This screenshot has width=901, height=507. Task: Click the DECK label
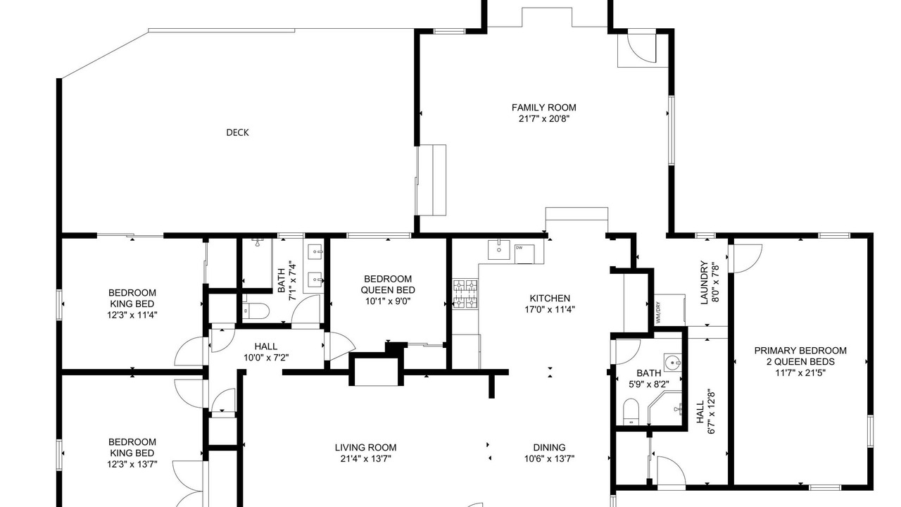point(237,132)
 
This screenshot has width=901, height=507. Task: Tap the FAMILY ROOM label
point(544,108)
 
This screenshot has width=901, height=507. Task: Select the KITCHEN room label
point(550,298)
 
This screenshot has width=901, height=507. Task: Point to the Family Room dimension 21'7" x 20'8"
point(544,119)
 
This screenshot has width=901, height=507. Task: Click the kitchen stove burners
point(466,294)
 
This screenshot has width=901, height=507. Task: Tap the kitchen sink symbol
point(499,250)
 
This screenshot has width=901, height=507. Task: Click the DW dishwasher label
point(519,248)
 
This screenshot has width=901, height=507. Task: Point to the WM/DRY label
point(658,313)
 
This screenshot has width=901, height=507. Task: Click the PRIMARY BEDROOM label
point(800,351)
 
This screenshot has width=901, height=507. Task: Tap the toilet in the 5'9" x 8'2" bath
point(631,411)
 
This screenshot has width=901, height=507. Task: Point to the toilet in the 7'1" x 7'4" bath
point(256,311)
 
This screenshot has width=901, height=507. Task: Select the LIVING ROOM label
point(365,447)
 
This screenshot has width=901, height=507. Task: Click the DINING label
point(550,447)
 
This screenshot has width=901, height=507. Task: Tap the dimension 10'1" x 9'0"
point(388,301)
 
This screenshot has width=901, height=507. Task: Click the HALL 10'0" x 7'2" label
point(266,351)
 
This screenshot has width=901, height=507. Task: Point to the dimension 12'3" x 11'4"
point(132,315)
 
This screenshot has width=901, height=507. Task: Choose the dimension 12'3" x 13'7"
point(132,464)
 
